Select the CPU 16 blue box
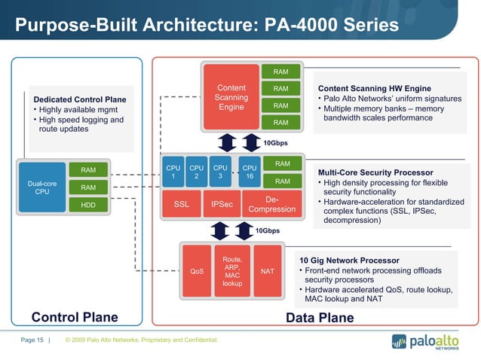pos(249,171)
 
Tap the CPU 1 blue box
pos(173,171)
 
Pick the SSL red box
pos(181,203)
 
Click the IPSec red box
pos(222,203)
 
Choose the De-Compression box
pos(271,204)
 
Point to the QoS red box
pos(197,271)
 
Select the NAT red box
pos(267,271)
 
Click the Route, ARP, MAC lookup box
pos(232,271)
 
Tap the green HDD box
pos(88,204)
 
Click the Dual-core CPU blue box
pos(42,187)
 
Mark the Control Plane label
pos(74,317)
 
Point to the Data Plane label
pos(320,317)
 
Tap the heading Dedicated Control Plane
pos(80,99)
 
